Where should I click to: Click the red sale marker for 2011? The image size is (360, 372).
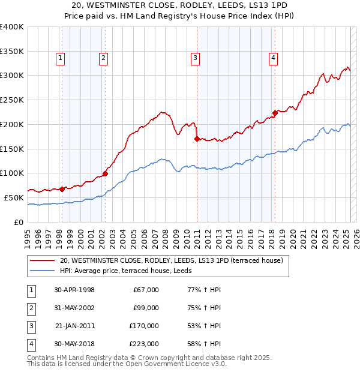pos(197,139)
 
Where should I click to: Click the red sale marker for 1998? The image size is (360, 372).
pos(62,188)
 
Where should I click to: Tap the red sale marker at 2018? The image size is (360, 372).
pos(275,113)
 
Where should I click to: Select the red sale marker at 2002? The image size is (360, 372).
pos(105,173)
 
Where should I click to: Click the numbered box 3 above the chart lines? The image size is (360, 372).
pos(196,58)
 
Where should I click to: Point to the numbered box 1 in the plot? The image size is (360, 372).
pos(61,58)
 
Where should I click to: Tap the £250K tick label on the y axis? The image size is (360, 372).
pos(11,100)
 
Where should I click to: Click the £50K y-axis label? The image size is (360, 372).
pos(14,197)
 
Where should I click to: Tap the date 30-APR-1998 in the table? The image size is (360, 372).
pos(74,290)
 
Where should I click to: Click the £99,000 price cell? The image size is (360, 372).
pos(146,308)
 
